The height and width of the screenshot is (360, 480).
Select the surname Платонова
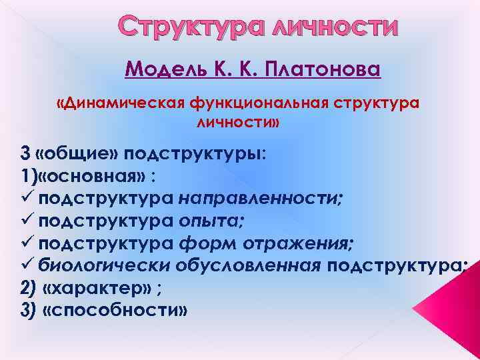point(324,69)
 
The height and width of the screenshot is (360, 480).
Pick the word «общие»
point(78,153)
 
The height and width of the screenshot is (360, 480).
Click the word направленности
point(261,198)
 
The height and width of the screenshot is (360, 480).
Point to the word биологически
point(104,265)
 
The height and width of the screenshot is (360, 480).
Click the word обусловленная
point(247,265)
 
